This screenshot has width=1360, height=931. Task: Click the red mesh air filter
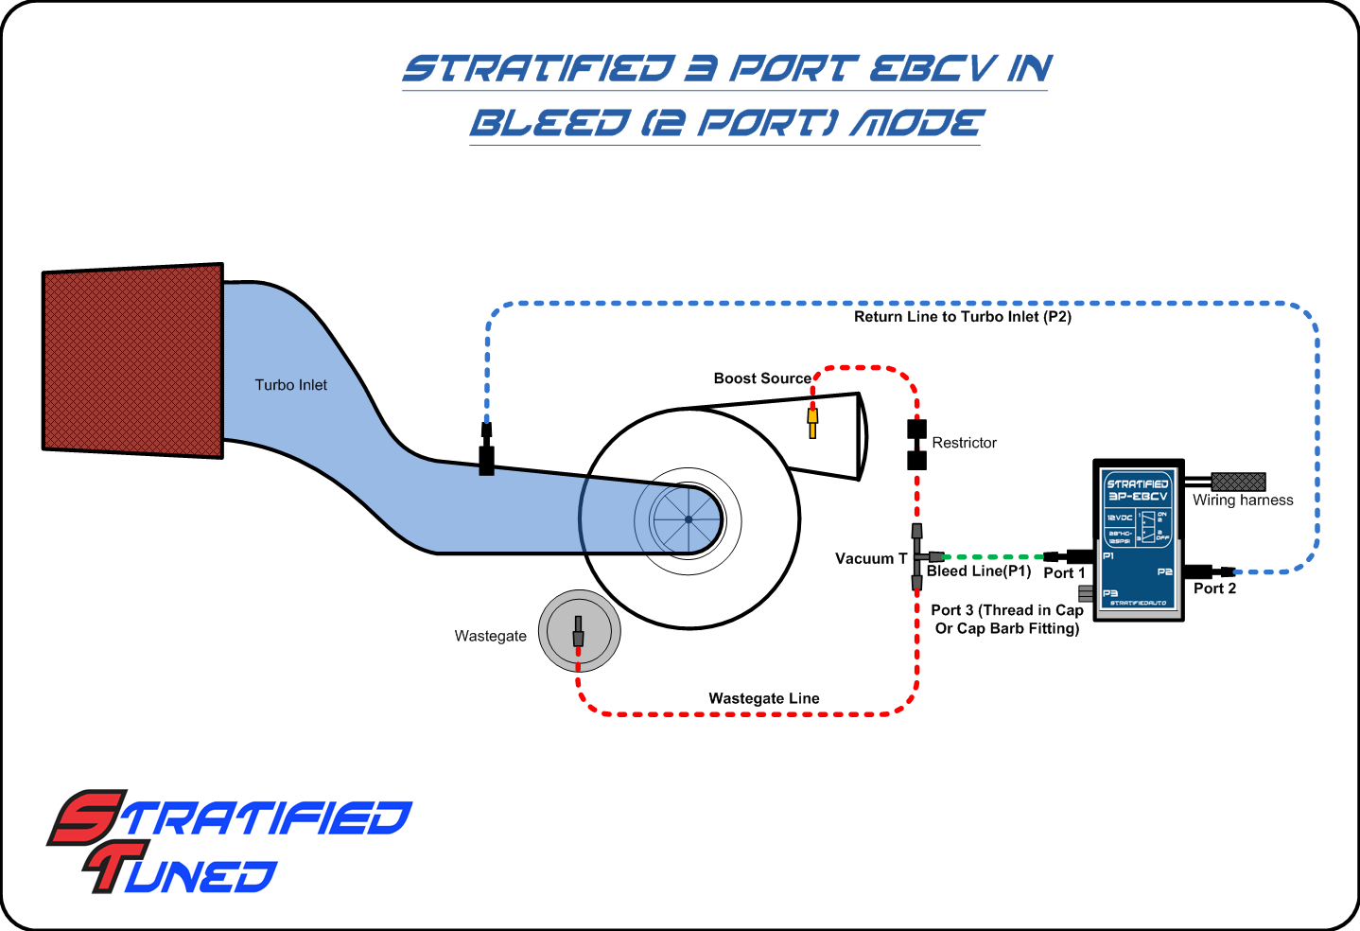[x=132, y=360]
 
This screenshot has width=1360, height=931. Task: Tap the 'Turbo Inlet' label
[x=290, y=385]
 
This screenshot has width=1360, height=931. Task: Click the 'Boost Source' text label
[x=762, y=378]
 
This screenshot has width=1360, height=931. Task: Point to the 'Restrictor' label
[x=964, y=443]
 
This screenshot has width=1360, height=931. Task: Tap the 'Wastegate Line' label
[x=764, y=698]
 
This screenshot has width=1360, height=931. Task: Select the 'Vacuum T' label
[x=870, y=559]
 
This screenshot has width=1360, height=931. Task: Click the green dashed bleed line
[x=993, y=557]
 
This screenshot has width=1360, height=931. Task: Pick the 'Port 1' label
[x=1064, y=573]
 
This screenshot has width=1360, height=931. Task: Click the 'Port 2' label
[x=1214, y=588]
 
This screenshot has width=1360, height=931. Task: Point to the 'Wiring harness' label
[x=1243, y=501]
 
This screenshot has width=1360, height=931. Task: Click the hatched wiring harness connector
[x=1238, y=482]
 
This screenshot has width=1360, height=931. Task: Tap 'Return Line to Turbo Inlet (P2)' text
[x=963, y=317]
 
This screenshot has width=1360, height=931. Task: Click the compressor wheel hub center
[x=689, y=518]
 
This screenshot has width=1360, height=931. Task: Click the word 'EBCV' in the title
[x=932, y=68]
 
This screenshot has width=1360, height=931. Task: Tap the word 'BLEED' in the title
[x=549, y=123]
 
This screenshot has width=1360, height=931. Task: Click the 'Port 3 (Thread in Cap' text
[x=1006, y=610]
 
